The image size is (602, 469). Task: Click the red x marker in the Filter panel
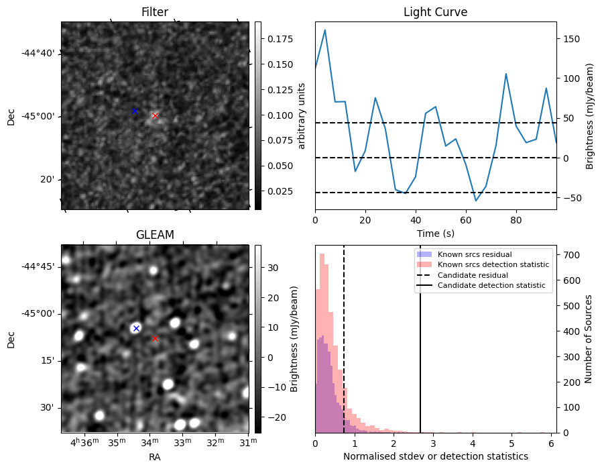[x=155, y=115]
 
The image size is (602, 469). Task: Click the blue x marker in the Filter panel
[x=135, y=111]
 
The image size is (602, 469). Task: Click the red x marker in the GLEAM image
[x=155, y=338]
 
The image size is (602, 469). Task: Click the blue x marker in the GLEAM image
[x=136, y=328]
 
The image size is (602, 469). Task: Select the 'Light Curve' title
[x=435, y=12]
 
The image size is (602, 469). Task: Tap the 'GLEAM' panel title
[x=155, y=235]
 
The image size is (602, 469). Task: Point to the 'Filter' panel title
[x=155, y=12]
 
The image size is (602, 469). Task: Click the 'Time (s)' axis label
[x=435, y=233]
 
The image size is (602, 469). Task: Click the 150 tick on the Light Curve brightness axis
[x=571, y=39]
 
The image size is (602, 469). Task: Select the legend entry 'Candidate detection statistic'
[x=493, y=286]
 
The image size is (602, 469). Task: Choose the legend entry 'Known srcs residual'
[x=474, y=254]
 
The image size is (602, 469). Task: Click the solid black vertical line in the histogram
[x=420, y=349]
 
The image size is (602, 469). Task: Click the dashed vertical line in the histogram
[x=344, y=349]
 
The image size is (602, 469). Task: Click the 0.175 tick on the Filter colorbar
[x=275, y=39]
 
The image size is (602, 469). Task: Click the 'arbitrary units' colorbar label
[x=302, y=115]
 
